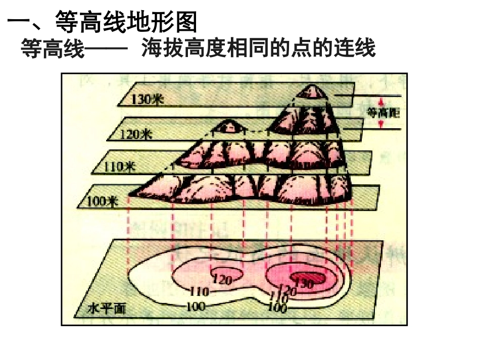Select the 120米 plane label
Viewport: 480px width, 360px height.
136,134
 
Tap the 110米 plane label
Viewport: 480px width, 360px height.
120,166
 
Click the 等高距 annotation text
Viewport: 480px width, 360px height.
383,113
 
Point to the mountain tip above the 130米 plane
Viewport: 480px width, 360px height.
311,91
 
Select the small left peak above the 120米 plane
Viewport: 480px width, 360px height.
228,125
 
